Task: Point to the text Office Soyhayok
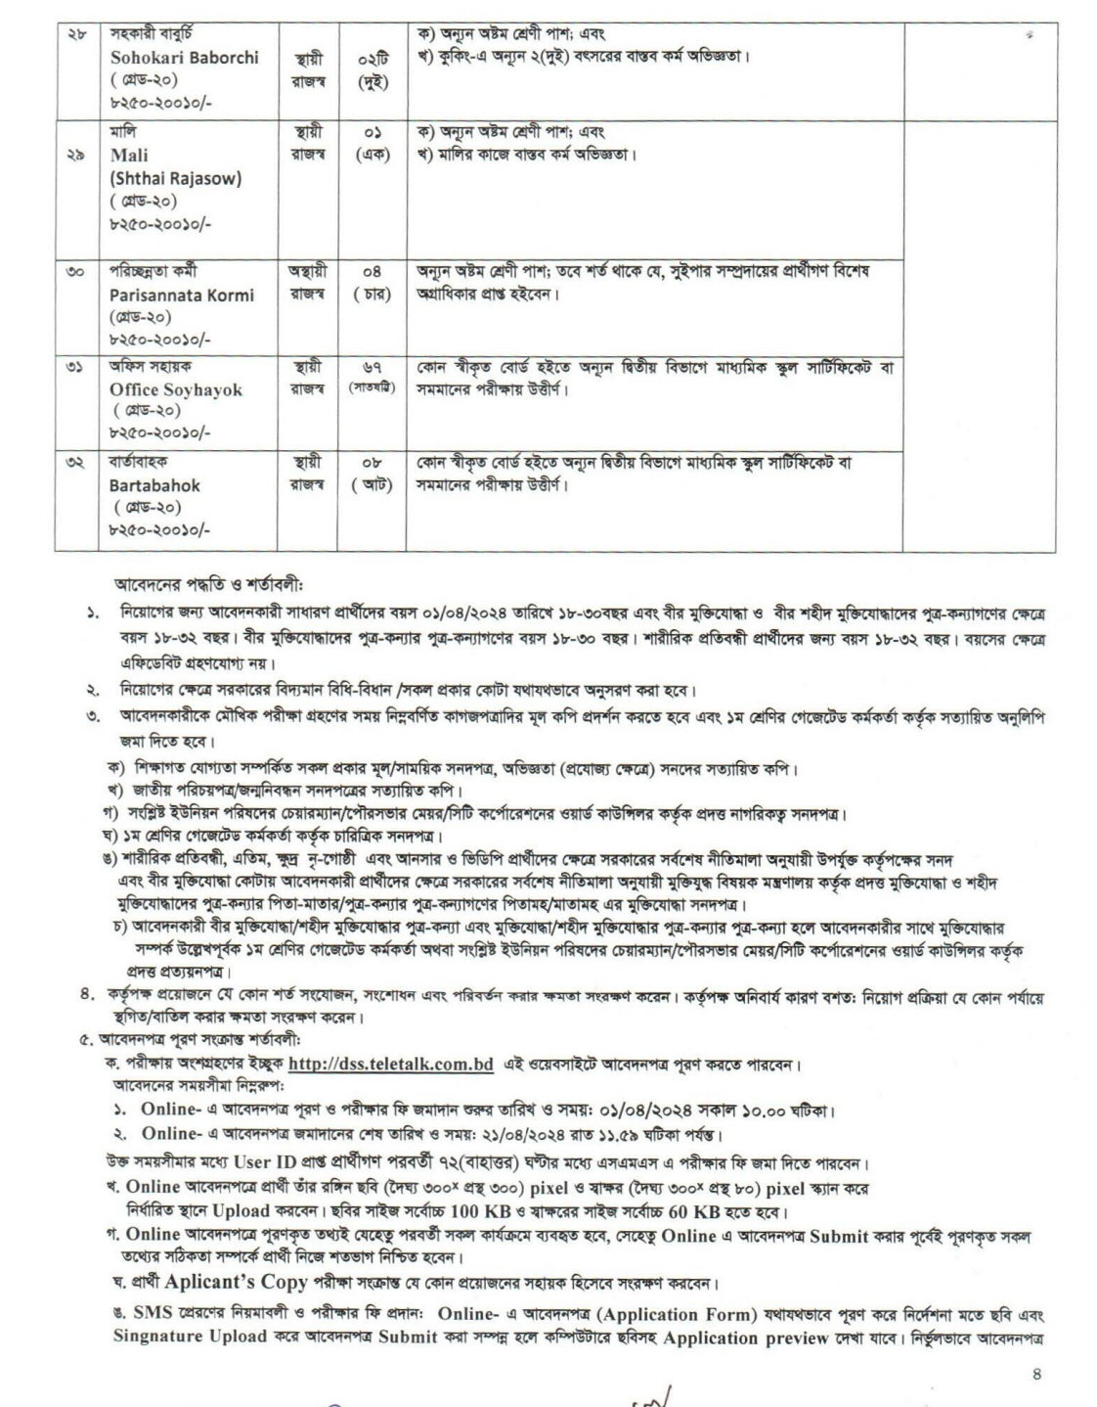(x=176, y=389)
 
